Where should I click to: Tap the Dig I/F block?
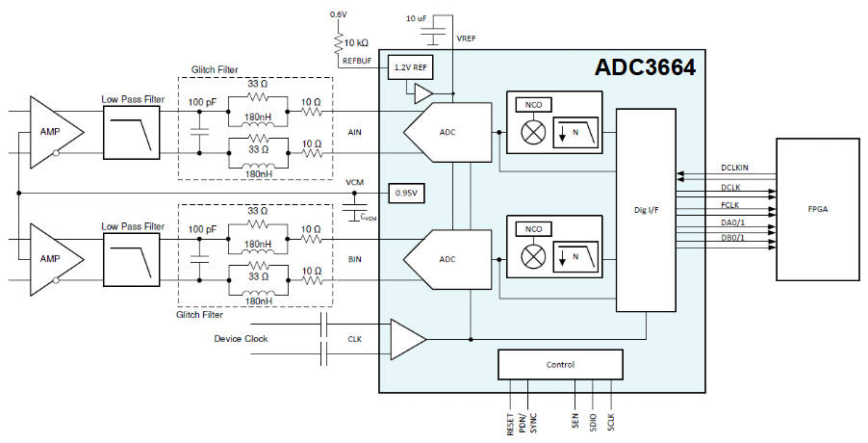click(x=645, y=210)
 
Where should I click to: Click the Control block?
click(x=559, y=365)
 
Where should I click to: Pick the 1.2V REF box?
click(x=409, y=68)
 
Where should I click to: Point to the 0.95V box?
click(x=406, y=192)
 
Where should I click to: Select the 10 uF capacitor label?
click(x=417, y=18)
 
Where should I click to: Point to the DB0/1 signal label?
click(x=733, y=239)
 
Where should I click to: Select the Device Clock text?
click(x=241, y=338)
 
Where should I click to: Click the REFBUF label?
click(x=358, y=61)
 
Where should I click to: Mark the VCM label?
click(x=355, y=181)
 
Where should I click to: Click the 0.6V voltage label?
click(x=338, y=14)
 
